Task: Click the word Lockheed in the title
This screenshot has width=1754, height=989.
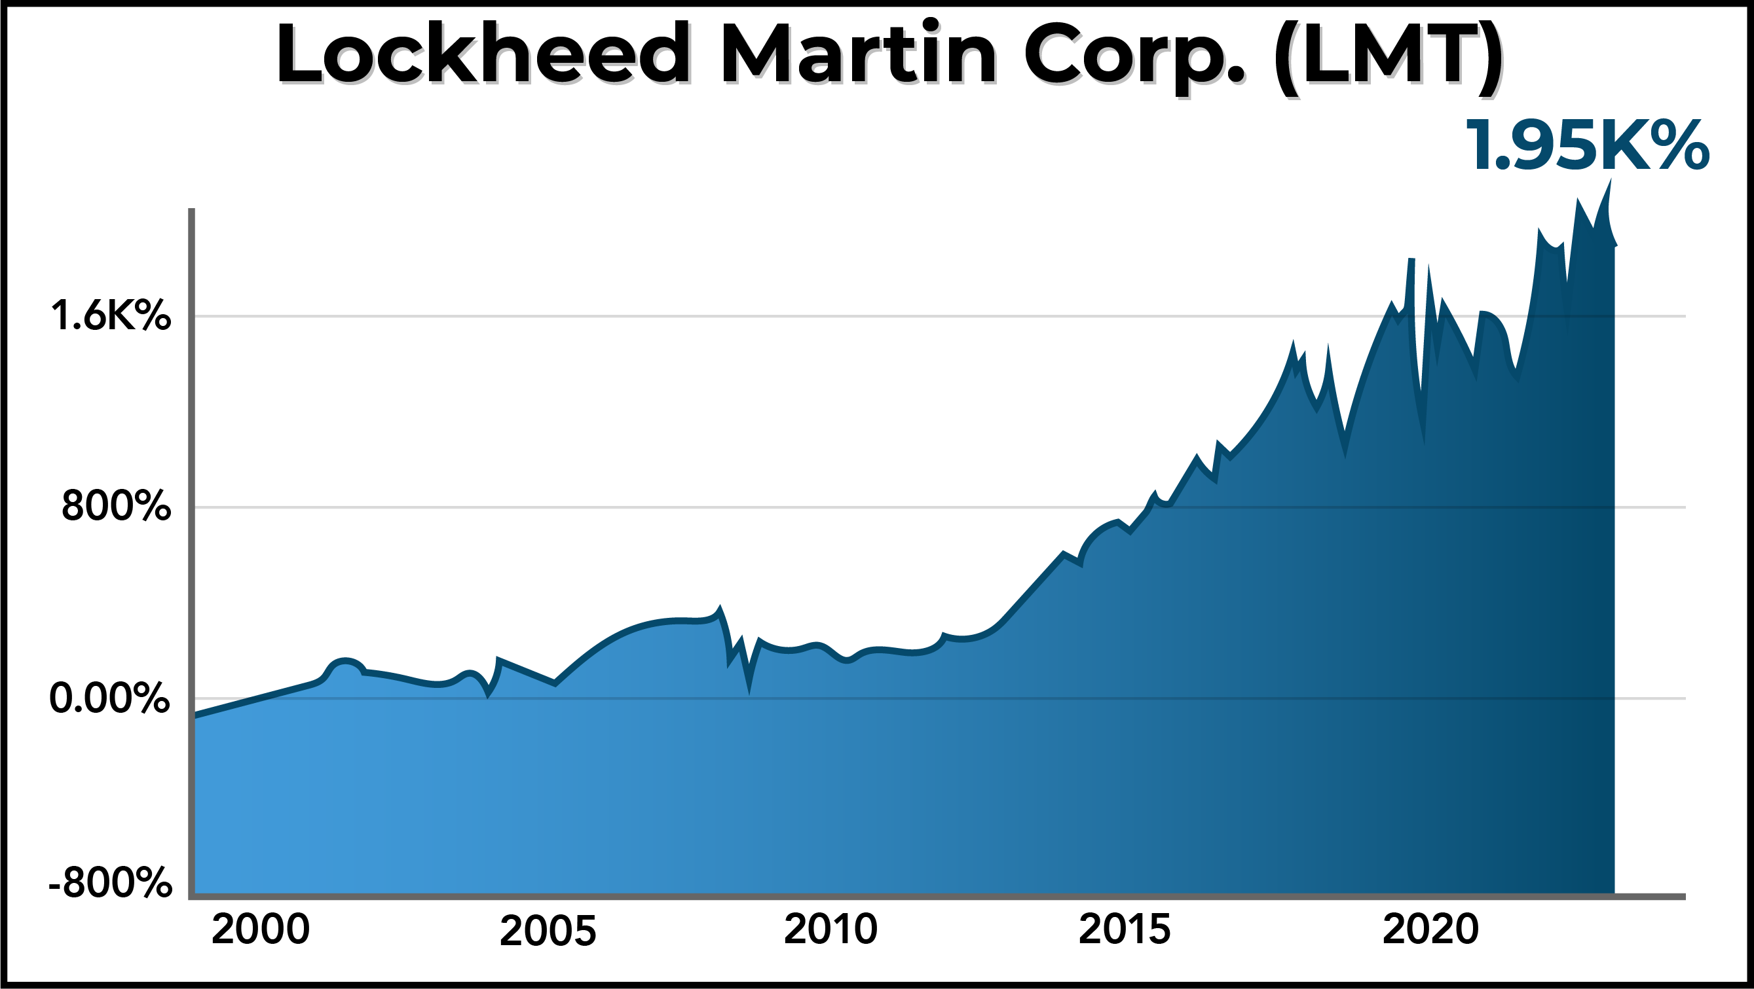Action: click(484, 54)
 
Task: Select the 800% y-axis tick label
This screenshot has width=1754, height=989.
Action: click(116, 507)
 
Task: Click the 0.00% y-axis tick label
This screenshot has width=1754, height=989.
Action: click(109, 698)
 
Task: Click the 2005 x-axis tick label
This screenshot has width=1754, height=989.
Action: click(548, 931)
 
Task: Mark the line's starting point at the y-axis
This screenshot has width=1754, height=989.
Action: click(195, 715)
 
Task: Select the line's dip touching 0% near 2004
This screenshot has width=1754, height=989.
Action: click(488, 694)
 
